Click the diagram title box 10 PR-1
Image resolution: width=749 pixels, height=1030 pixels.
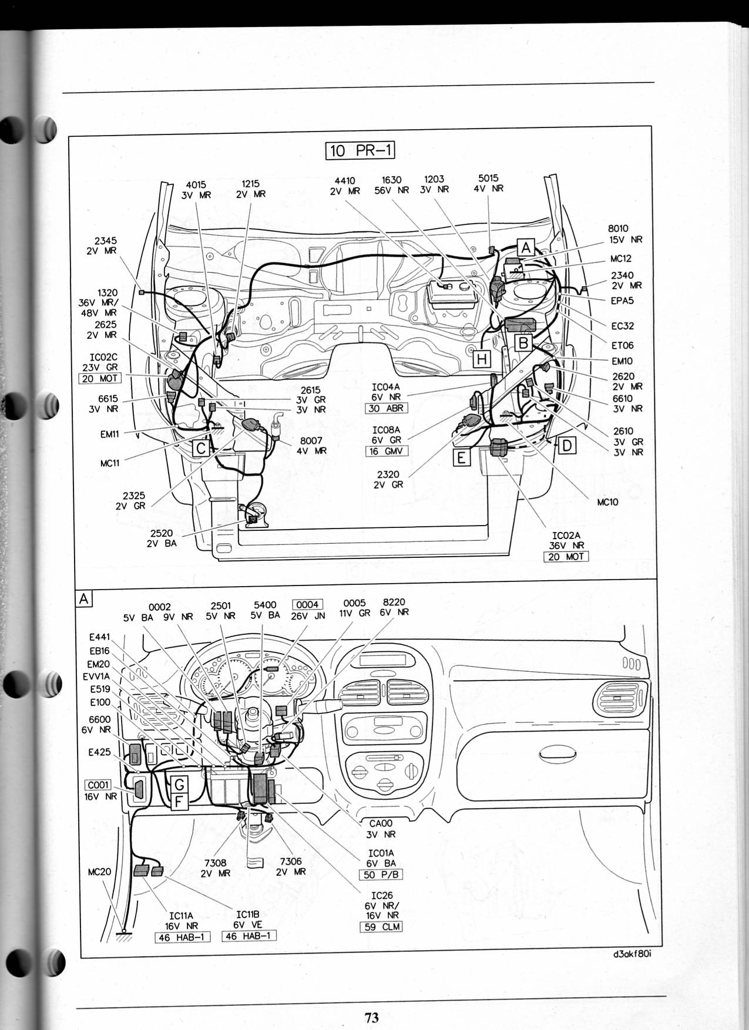pyautogui.click(x=360, y=151)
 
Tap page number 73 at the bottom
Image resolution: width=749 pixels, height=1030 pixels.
pyautogui.click(x=371, y=1018)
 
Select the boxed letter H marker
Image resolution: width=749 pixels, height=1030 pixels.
pyautogui.click(x=482, y=359)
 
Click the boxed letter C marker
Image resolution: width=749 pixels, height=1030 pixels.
pyautogui.click(x=201, y=449)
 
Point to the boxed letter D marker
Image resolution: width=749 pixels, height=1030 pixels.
pyautogui.click(x=567, y=446)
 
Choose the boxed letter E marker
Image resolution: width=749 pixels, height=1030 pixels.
pyautogui.click(x=462, y=457)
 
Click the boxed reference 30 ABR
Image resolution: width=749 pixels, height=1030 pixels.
pyautogui.click(x=386, y=408)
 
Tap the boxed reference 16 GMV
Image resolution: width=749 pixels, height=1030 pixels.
pyautogui.click(x=386, y=452)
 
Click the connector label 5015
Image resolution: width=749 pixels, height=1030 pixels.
pyautogui.click(x=489, y=178)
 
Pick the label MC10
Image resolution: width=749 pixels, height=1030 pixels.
pyautogui.click(x=607, y=502)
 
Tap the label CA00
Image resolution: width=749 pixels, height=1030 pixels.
pyautogui.click(x=381, y=824)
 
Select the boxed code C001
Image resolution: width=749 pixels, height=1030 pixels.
pyautogui.click(x=98, y=785)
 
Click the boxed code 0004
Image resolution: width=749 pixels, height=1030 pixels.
pyautogui.click(x=307, y=605)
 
